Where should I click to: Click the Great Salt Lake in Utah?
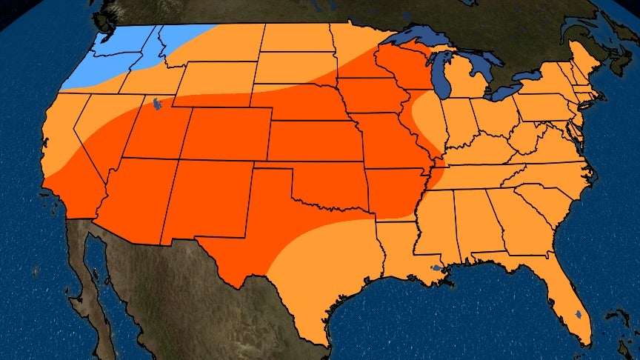click(x=155, y=104)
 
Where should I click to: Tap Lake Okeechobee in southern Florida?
click(x=578, y=316)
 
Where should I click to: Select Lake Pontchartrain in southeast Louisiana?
click(x=437, y=267)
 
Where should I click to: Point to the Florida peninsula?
click(x=570, y=304)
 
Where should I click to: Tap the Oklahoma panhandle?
click(x=274, y=173)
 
